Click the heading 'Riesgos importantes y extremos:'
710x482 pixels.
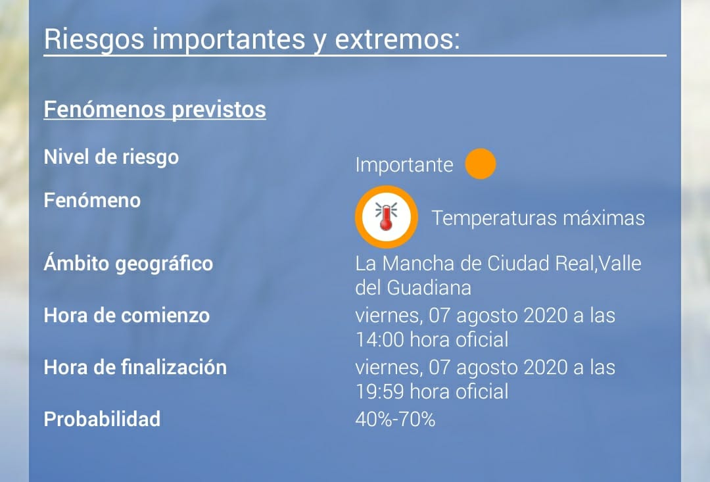click(252, 39)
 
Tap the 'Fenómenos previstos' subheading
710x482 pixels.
click(155, 110)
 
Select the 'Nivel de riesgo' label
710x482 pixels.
click(111, 158)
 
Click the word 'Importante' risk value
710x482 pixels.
click(404, 165)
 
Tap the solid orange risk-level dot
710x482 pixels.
click(481, 164)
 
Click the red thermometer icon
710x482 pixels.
click(387, 217)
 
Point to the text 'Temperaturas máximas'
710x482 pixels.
click(538, 218)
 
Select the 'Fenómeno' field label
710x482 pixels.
click(93, 200)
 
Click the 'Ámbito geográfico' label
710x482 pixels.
click(129, 263)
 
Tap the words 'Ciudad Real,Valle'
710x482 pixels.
click(564, 264)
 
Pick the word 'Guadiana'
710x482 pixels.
click(429, 288)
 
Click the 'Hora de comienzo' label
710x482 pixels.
click(127, 315)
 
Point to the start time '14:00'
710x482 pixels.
click(379, 340)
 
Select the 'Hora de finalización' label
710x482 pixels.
click(135, 367)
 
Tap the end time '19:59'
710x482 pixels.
click(379, 391)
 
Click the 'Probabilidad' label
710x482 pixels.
click(103, 419)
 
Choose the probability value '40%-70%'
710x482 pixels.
click(395, 420)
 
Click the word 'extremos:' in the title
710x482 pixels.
click(397, 39)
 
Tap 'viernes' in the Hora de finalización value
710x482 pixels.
click(389, 368)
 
